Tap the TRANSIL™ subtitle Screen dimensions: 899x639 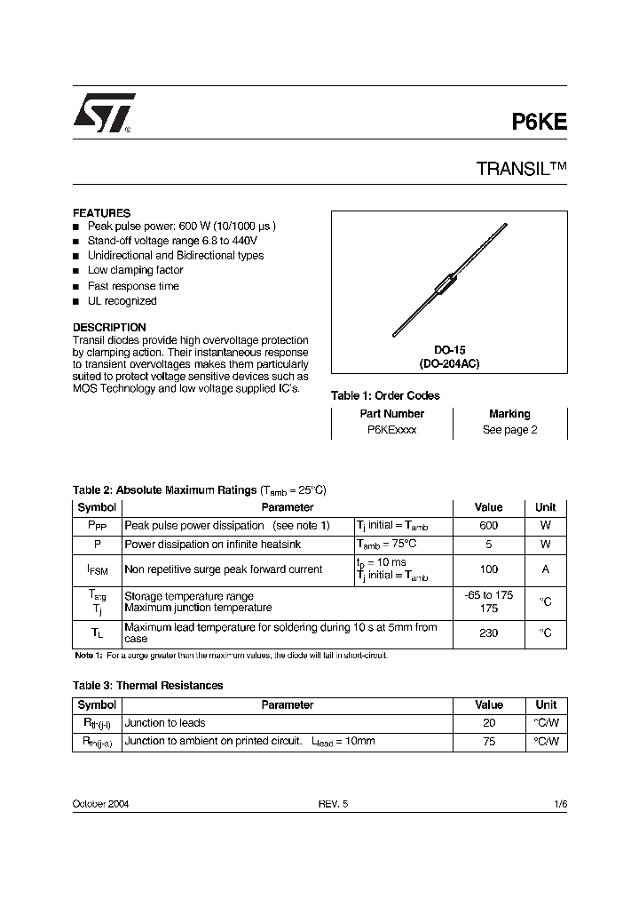(522, 169)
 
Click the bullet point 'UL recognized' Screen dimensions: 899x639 (122, 301)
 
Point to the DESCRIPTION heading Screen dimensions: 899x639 (109, 327)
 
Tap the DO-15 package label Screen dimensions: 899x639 (449, 351)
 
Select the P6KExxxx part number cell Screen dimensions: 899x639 (391, 430)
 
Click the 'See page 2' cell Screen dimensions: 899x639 (509, 430)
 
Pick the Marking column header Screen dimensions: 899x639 (509, 414)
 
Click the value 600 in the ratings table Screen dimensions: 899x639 (488, 526)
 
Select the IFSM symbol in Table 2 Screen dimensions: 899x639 (97, 569)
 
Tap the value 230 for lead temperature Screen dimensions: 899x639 (488, 632)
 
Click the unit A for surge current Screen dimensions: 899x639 (545, 569)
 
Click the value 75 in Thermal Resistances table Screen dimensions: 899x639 (489, 742)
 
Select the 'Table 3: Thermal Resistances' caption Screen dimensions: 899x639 (147, 685)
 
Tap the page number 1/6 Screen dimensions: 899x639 (559, 803)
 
